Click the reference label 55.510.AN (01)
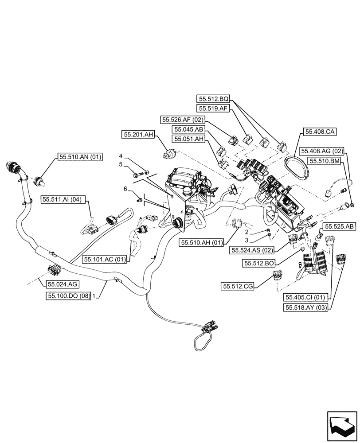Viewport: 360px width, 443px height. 78,156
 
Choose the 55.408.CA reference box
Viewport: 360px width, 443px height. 320,132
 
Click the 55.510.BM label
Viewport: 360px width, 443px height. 324,162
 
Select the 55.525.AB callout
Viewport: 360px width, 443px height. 339,226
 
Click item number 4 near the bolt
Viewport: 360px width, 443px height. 120,156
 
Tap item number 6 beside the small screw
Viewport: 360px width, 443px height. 125,189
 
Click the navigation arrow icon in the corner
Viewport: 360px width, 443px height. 341,424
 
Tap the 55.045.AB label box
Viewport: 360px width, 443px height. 189,129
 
